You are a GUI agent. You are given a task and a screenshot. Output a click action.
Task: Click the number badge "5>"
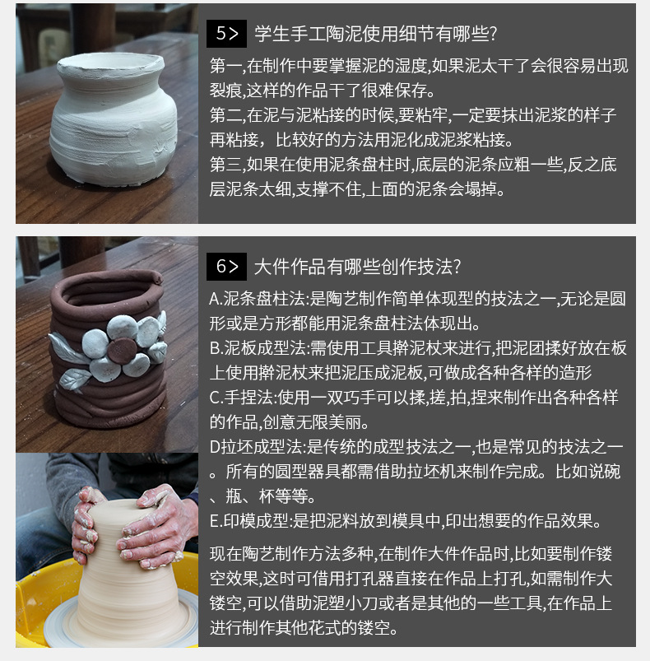pyautogui.click(x=226, y=34)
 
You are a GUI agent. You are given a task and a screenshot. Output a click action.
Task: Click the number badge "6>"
pyautogui.click(x=226, y=267)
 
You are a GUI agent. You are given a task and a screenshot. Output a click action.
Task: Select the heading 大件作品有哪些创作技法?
pyautogui.click(x=357, y=267)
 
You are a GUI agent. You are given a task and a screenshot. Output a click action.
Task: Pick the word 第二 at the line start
pyautogui.click(x=223, y=115)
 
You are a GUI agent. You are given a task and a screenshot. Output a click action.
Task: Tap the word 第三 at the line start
pyautogui.click(x=223, y=164)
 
